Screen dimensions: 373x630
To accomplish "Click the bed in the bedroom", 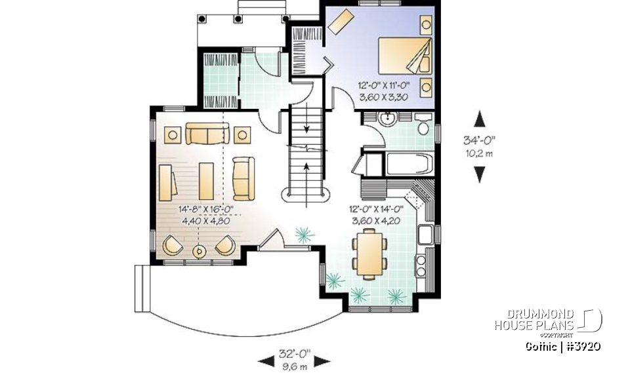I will pyautogui.click(x=404, y=55).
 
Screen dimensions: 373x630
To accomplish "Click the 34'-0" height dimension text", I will pyautogui.click(x=480, y=139).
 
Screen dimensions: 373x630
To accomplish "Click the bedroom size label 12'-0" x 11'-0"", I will pyautogui.click(x=385, y=85).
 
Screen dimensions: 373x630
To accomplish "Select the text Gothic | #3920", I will pyautogui.click(x=563, y=345).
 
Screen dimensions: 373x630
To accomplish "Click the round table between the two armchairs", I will pyautogui.click(x=199, y=250).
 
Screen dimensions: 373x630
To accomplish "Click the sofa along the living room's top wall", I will pyautogui.click(x=206, y=134).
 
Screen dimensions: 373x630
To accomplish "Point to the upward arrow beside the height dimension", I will pyautogui.click(x=480, y=119).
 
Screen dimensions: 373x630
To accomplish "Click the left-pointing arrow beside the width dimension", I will pyautogui.click(x=265, y=360).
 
